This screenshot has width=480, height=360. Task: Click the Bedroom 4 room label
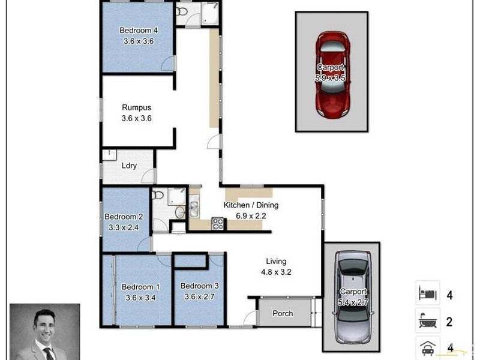click(x=139, y=31)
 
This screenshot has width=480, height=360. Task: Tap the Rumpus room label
click(x=136, y=108)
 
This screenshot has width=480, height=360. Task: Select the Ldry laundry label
click(x=128, y=166)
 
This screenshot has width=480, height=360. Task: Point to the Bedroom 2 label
click(x=124, y=217)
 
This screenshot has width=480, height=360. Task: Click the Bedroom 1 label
click(x=140, y=287)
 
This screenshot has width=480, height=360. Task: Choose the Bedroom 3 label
click(x=197, y=286)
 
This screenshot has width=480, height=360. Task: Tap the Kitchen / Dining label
click(x=251, y=205)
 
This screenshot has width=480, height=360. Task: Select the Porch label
click(x=283, y=313)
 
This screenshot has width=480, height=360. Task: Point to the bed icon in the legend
click(x=427, y=294)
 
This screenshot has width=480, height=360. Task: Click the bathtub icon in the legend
click(x=427, y=322)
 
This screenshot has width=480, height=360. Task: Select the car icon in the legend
click(x=427, y=347)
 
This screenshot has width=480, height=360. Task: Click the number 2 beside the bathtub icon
click(x=449, y=322)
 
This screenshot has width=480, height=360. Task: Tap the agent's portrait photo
click(x=44, y=331)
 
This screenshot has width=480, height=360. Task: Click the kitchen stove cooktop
click(x=218, y=224)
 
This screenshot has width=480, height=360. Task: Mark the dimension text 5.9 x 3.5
click(x=331, y=78)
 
